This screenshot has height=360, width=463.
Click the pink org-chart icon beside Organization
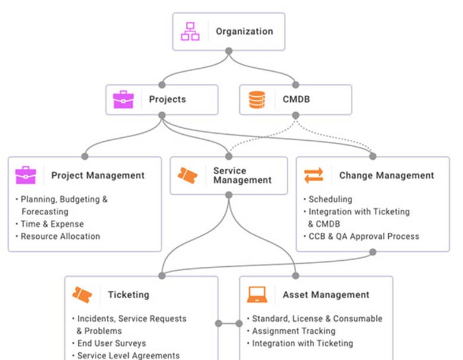point(191,31)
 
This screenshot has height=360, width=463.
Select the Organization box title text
point(244,31)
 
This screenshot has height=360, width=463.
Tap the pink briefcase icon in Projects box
point(123,99)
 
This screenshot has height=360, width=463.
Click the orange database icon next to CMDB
point(257,99)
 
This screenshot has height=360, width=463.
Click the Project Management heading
point(97,175)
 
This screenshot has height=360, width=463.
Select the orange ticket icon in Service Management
point(188,175)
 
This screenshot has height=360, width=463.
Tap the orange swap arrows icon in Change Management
point(314,175)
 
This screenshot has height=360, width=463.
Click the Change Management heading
point(386,175)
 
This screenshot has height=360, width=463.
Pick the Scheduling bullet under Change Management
point(330,199)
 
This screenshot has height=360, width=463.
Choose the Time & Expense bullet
point(52,224)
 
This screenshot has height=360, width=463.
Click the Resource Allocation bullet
point(60,236)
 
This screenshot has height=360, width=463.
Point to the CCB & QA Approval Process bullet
point(363,236)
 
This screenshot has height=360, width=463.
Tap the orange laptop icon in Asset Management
point(257,294)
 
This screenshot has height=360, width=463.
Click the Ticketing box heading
point(128,294)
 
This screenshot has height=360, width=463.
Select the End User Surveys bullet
point(112,343)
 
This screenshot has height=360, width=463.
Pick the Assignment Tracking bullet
point(293,331)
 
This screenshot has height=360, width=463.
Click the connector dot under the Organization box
point(229,51)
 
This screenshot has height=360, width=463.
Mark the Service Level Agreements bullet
point(128,355)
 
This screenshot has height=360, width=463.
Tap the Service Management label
point(242,175)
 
